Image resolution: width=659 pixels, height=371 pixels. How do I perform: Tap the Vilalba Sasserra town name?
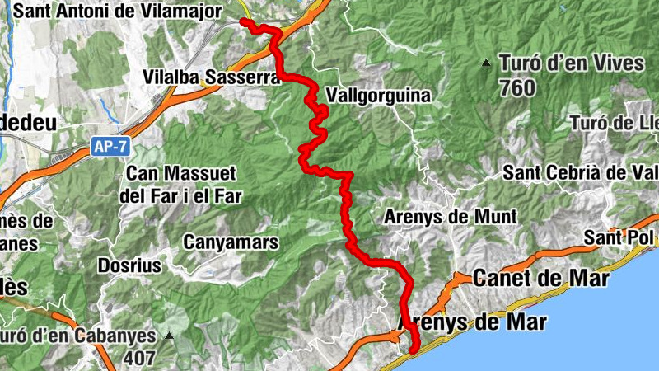click(x=197, y=76)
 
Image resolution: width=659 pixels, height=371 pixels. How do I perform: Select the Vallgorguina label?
click(x=378, y=96)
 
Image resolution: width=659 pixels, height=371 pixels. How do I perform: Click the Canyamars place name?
click(x=231, y=242)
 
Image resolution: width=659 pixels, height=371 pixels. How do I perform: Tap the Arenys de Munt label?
click(x=451, y=217)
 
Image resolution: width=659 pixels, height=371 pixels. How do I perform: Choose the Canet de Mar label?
click(x=541, y=279)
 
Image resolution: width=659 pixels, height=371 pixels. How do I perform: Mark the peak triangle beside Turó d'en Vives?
click(x=487, y=63)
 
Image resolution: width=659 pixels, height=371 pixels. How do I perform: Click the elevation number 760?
click(x=516, y=87)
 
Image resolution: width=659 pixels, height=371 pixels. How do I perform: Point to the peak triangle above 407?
click(x=169, y=336)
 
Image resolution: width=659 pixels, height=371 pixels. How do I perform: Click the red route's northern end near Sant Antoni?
click(x=242, y=21)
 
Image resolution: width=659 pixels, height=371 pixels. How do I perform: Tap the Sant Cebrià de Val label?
click(x=582, y=173)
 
